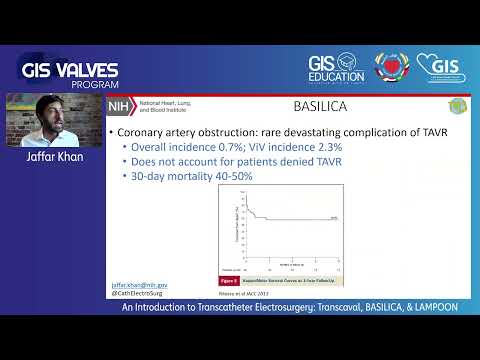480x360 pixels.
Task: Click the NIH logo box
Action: click(120, 105)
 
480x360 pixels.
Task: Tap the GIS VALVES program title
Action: click(70, 70)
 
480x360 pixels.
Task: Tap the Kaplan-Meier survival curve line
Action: click(290, 218)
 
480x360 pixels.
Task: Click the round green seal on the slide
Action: click(458, 105)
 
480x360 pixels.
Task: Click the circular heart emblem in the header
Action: click(393, 68)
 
